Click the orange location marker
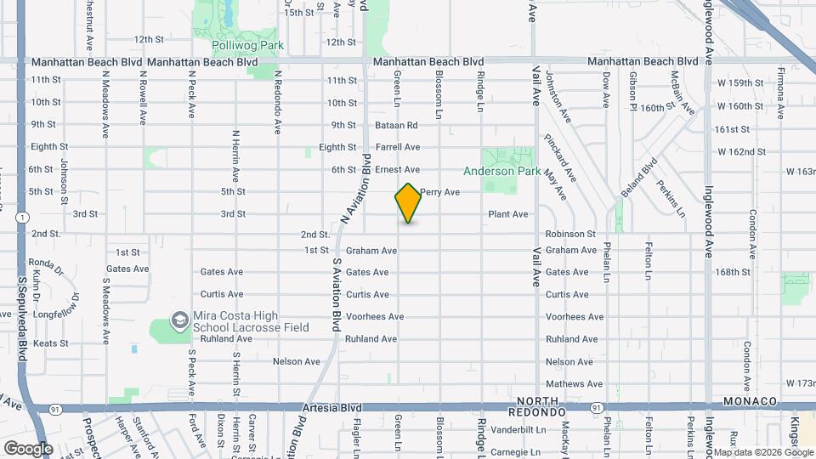(x=409, y=203)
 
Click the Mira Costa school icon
(x=179, y=320)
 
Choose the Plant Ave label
(x=508, y=214)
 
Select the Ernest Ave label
(x=398, y=170)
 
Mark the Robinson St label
(x=571, y=234)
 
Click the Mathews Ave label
(x=575, y=384)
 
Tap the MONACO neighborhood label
(x=751, y=401)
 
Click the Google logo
(x=28, y=448)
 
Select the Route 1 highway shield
(x=19, y=218)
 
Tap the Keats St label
(x=50, y=343)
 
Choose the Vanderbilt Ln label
(x=569, y=430)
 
